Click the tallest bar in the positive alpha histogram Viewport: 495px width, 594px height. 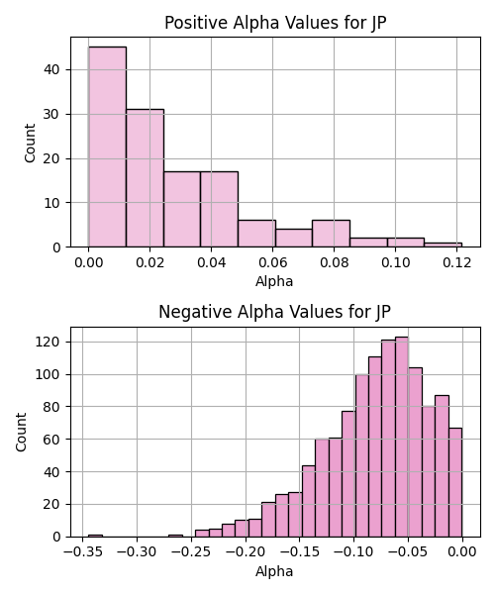107,147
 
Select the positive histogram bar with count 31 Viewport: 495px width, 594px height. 145,178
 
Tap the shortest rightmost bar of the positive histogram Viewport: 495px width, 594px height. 443,245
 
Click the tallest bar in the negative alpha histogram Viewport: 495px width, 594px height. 402,437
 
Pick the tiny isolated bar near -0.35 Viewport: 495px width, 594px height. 95,536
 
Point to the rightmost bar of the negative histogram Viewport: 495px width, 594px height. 455,482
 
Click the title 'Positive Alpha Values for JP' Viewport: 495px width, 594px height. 275,23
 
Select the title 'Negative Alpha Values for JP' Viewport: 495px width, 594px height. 274,312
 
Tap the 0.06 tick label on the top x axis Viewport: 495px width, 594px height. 272,262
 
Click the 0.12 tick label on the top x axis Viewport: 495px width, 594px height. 456,262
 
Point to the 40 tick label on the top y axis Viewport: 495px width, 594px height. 52,69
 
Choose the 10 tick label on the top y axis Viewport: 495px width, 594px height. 52,203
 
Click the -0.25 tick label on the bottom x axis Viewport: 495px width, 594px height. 191,552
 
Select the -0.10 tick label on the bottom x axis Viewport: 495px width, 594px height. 354,552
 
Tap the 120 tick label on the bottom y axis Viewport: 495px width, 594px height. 48,343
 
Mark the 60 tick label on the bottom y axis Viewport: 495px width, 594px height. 52,440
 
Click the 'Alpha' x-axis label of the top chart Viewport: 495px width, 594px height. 274,281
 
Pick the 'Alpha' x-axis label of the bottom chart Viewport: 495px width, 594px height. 274,571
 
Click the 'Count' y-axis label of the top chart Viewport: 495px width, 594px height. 30,144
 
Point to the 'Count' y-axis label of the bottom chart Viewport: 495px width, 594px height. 21,433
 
